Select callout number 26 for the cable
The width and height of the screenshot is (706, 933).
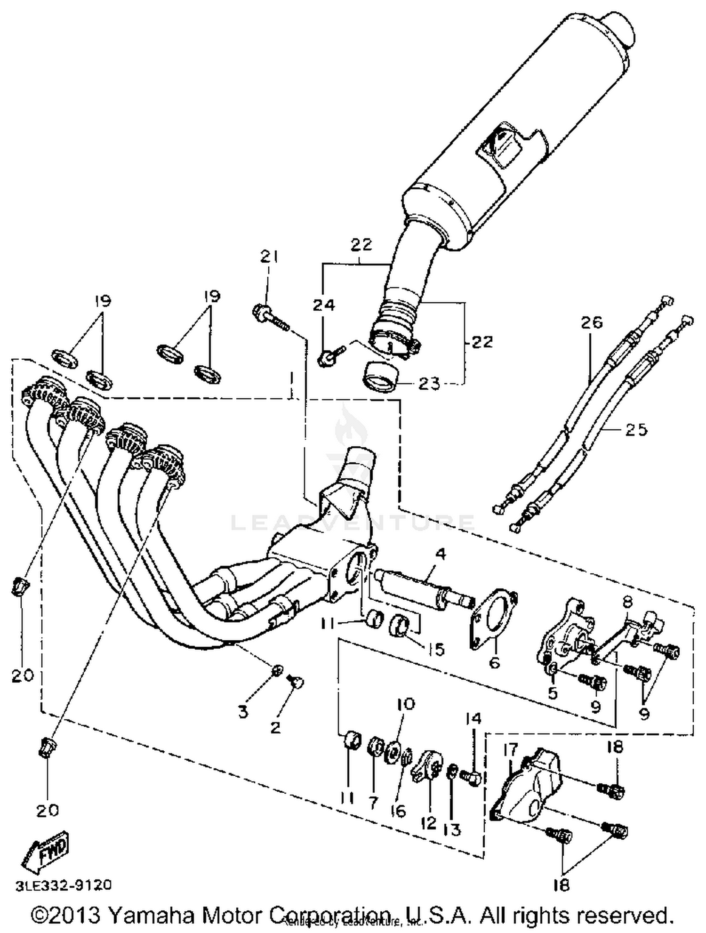(591, 322)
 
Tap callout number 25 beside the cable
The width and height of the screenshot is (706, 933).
(636, 429)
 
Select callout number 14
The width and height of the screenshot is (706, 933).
(474, 718)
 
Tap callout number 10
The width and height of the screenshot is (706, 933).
(406, 704)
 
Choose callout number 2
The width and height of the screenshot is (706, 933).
(275, 727)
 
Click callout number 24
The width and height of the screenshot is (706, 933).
(324, 305)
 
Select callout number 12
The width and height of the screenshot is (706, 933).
(429, 823)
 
